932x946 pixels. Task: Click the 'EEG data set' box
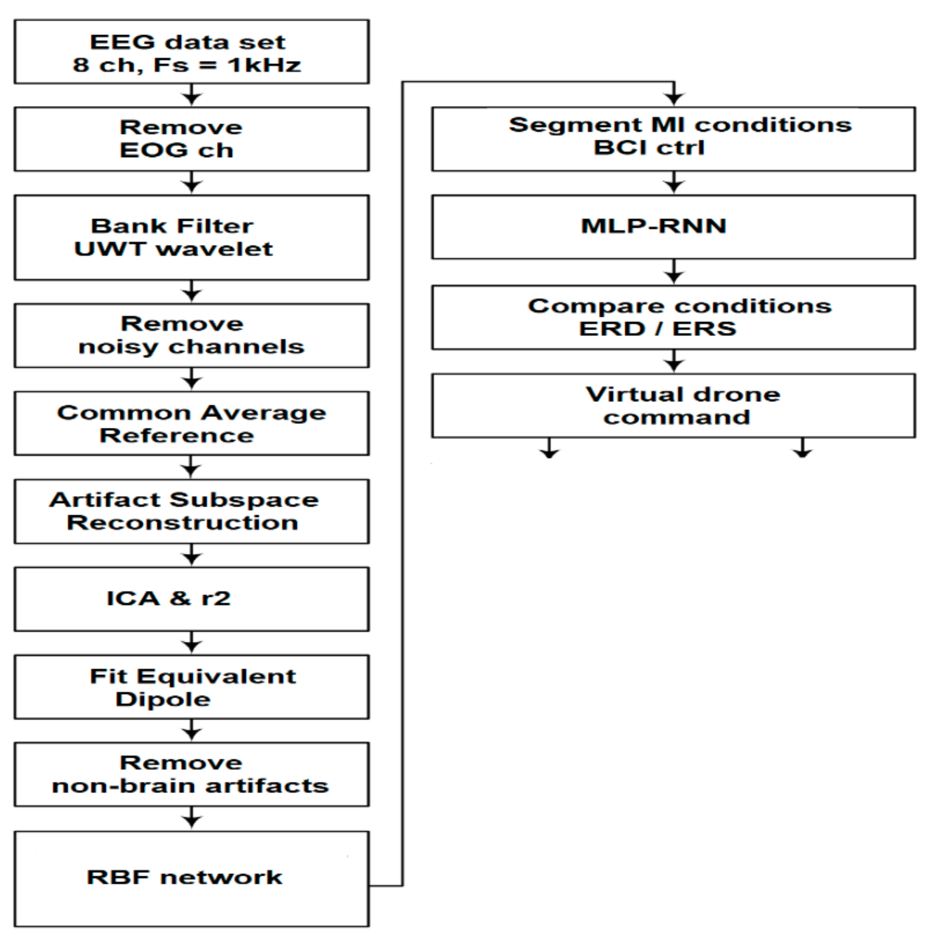point(191,51)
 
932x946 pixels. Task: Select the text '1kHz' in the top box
point(264,65)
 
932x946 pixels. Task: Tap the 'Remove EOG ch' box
point(191,139)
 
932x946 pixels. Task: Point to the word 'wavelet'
point(214,249)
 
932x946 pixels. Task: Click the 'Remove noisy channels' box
point(191,335)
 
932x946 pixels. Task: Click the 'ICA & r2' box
point(191,599)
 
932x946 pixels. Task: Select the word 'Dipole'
point(163,699)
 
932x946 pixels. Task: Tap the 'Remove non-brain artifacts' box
point(191,774)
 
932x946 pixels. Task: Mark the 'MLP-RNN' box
point(673,227)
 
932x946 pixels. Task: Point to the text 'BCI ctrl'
point(649,147)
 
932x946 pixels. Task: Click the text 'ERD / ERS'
point(657,328)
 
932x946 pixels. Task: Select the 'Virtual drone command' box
point(673,406)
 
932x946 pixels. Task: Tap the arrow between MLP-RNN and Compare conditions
point(674,272)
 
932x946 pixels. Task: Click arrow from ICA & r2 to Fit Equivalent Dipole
point(191,643)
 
